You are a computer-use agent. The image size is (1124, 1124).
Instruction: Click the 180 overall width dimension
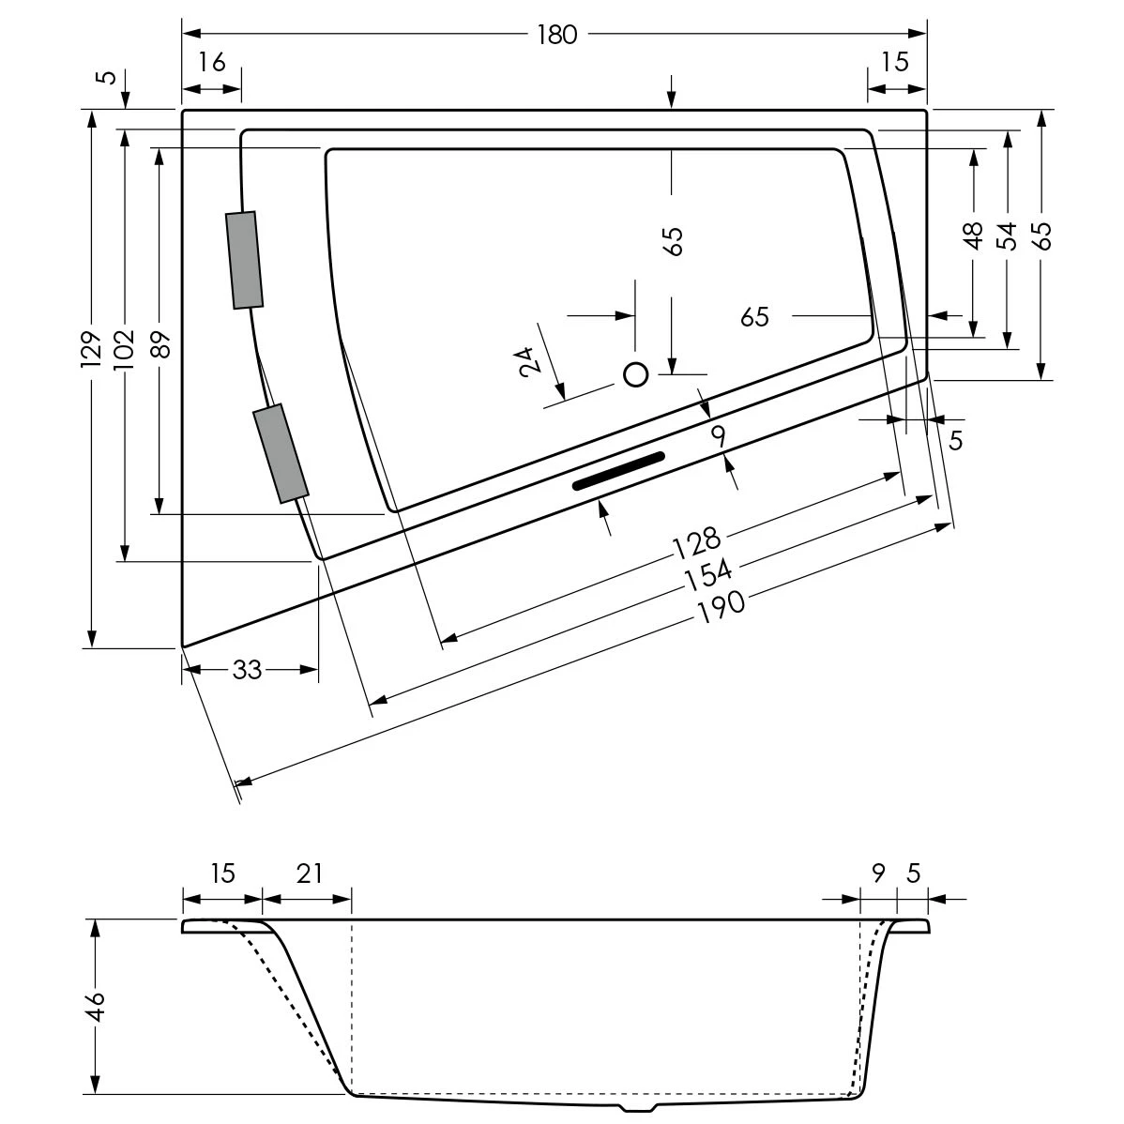(556, 35)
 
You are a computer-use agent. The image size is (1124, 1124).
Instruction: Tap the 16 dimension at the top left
(212, 63)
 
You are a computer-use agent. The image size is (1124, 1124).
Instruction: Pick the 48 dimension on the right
(973, 235)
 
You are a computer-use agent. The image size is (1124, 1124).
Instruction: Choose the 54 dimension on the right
(1006, 235)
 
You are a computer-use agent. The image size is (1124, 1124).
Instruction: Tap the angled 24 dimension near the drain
(526, 360)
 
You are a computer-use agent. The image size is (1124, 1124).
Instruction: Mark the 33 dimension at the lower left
(247, 670)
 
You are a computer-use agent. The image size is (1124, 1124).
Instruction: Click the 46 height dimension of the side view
(97, 1007)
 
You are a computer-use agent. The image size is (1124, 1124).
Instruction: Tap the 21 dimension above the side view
(309, 873)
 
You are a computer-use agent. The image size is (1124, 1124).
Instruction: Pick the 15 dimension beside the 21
(221, 873)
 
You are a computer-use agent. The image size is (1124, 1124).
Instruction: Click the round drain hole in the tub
(636, 375)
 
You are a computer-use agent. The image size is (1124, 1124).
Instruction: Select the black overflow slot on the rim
(618, 470)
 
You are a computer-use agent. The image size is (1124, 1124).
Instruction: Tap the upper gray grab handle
(244, 260)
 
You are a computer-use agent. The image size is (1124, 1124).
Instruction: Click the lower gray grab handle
(281, 453)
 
